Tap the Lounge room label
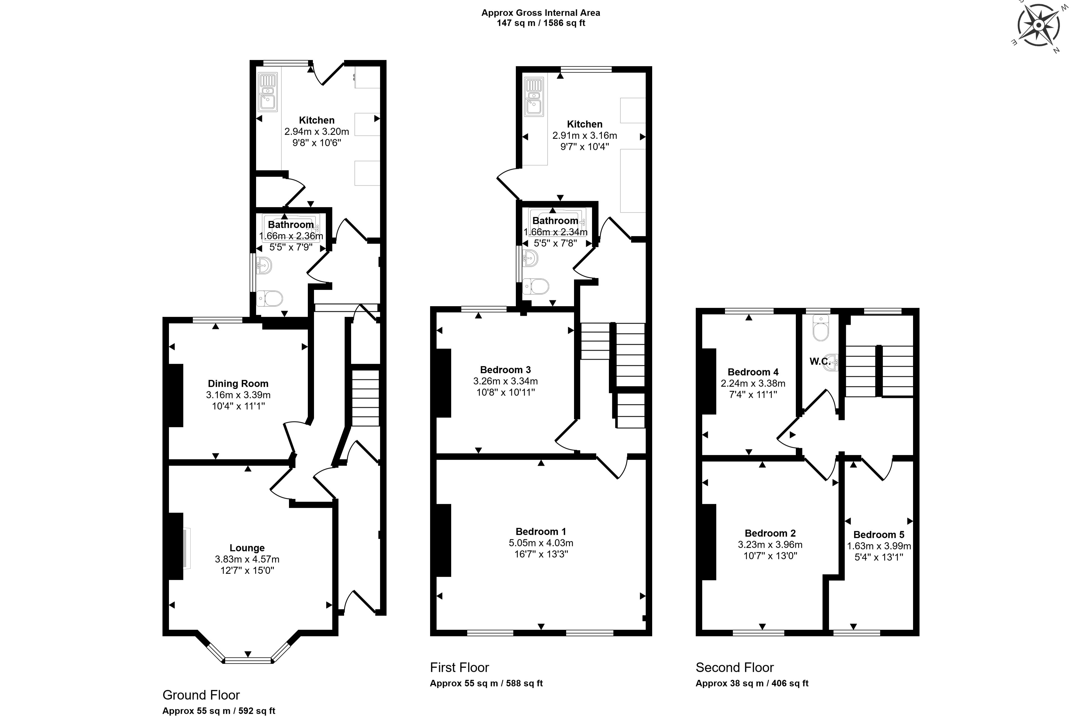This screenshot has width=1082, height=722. click(x=247, y=548)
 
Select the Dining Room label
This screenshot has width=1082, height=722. click(x=238, y=384)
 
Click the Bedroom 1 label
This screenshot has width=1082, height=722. click(x=541, y=531)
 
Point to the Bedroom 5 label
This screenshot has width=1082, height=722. click(x=879, y=535)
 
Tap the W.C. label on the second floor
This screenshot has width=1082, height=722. click(x=820, y=362)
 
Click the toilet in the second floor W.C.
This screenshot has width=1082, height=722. click(x=820, y=328)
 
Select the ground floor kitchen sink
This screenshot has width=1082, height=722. click(x=267, y=92)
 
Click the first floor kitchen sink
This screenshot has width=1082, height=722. click(x=534, y=97)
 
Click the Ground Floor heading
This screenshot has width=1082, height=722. click(x=201, y=695)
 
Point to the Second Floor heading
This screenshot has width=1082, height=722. click(x=735, y=667)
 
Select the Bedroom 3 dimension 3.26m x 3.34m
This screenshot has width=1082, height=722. click(x=505, y=381)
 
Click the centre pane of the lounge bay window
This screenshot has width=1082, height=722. click(x=249, y=661)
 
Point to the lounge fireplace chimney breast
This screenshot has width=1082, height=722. click(x=175, y=546)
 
